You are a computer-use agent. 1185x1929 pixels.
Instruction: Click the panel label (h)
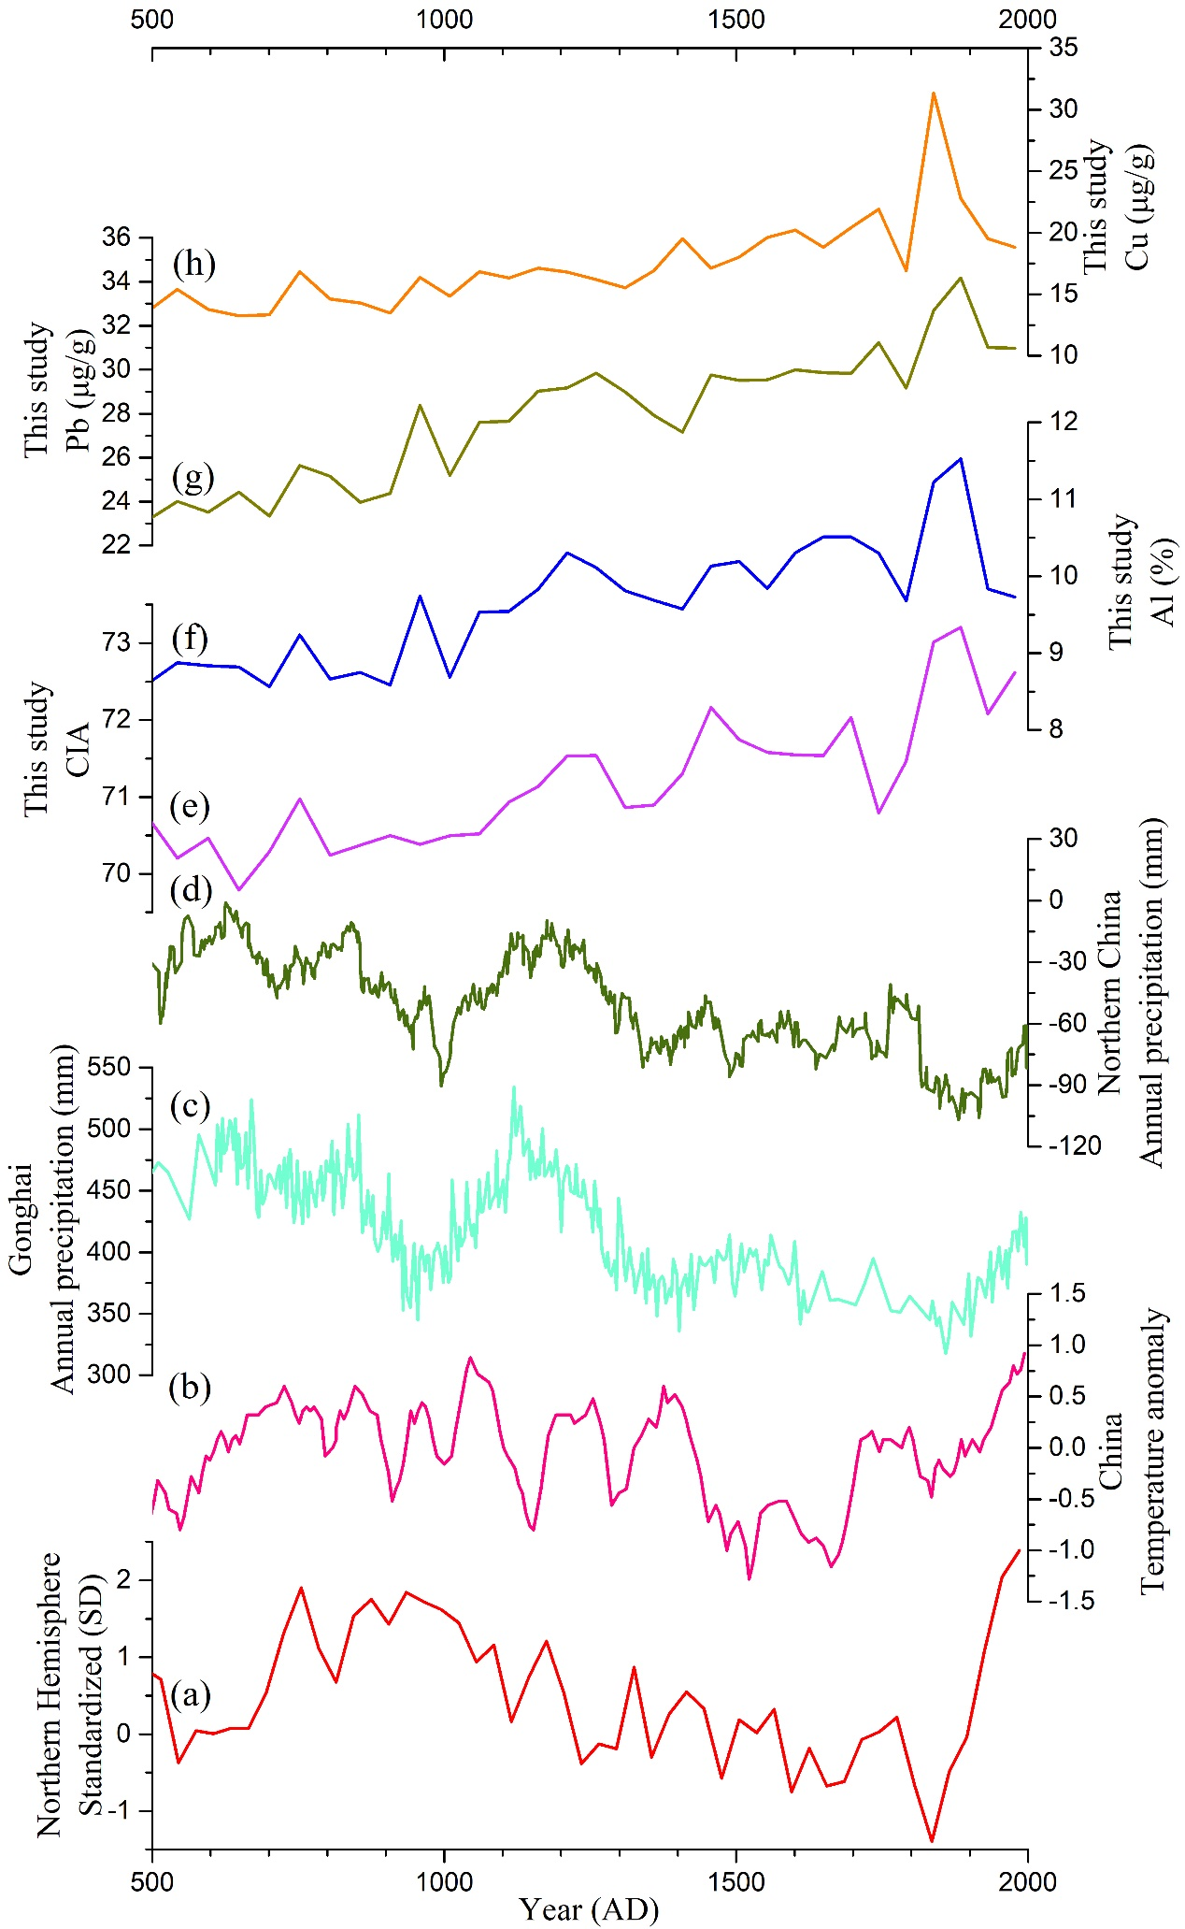pos(193,265)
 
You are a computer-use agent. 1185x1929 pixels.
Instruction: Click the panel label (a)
pos(190,1693)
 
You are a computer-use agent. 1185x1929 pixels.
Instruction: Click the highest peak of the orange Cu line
pos(933,93)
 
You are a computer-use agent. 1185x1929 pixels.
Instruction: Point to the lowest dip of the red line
pos(932,1841)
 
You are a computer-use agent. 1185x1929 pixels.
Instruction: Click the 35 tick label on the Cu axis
pos(1064,48)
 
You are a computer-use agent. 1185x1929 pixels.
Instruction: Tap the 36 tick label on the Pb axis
pos(117,238)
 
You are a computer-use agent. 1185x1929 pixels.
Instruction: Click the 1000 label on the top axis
pos(444,20)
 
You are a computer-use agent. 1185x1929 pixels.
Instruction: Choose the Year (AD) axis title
pos(589,1909)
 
